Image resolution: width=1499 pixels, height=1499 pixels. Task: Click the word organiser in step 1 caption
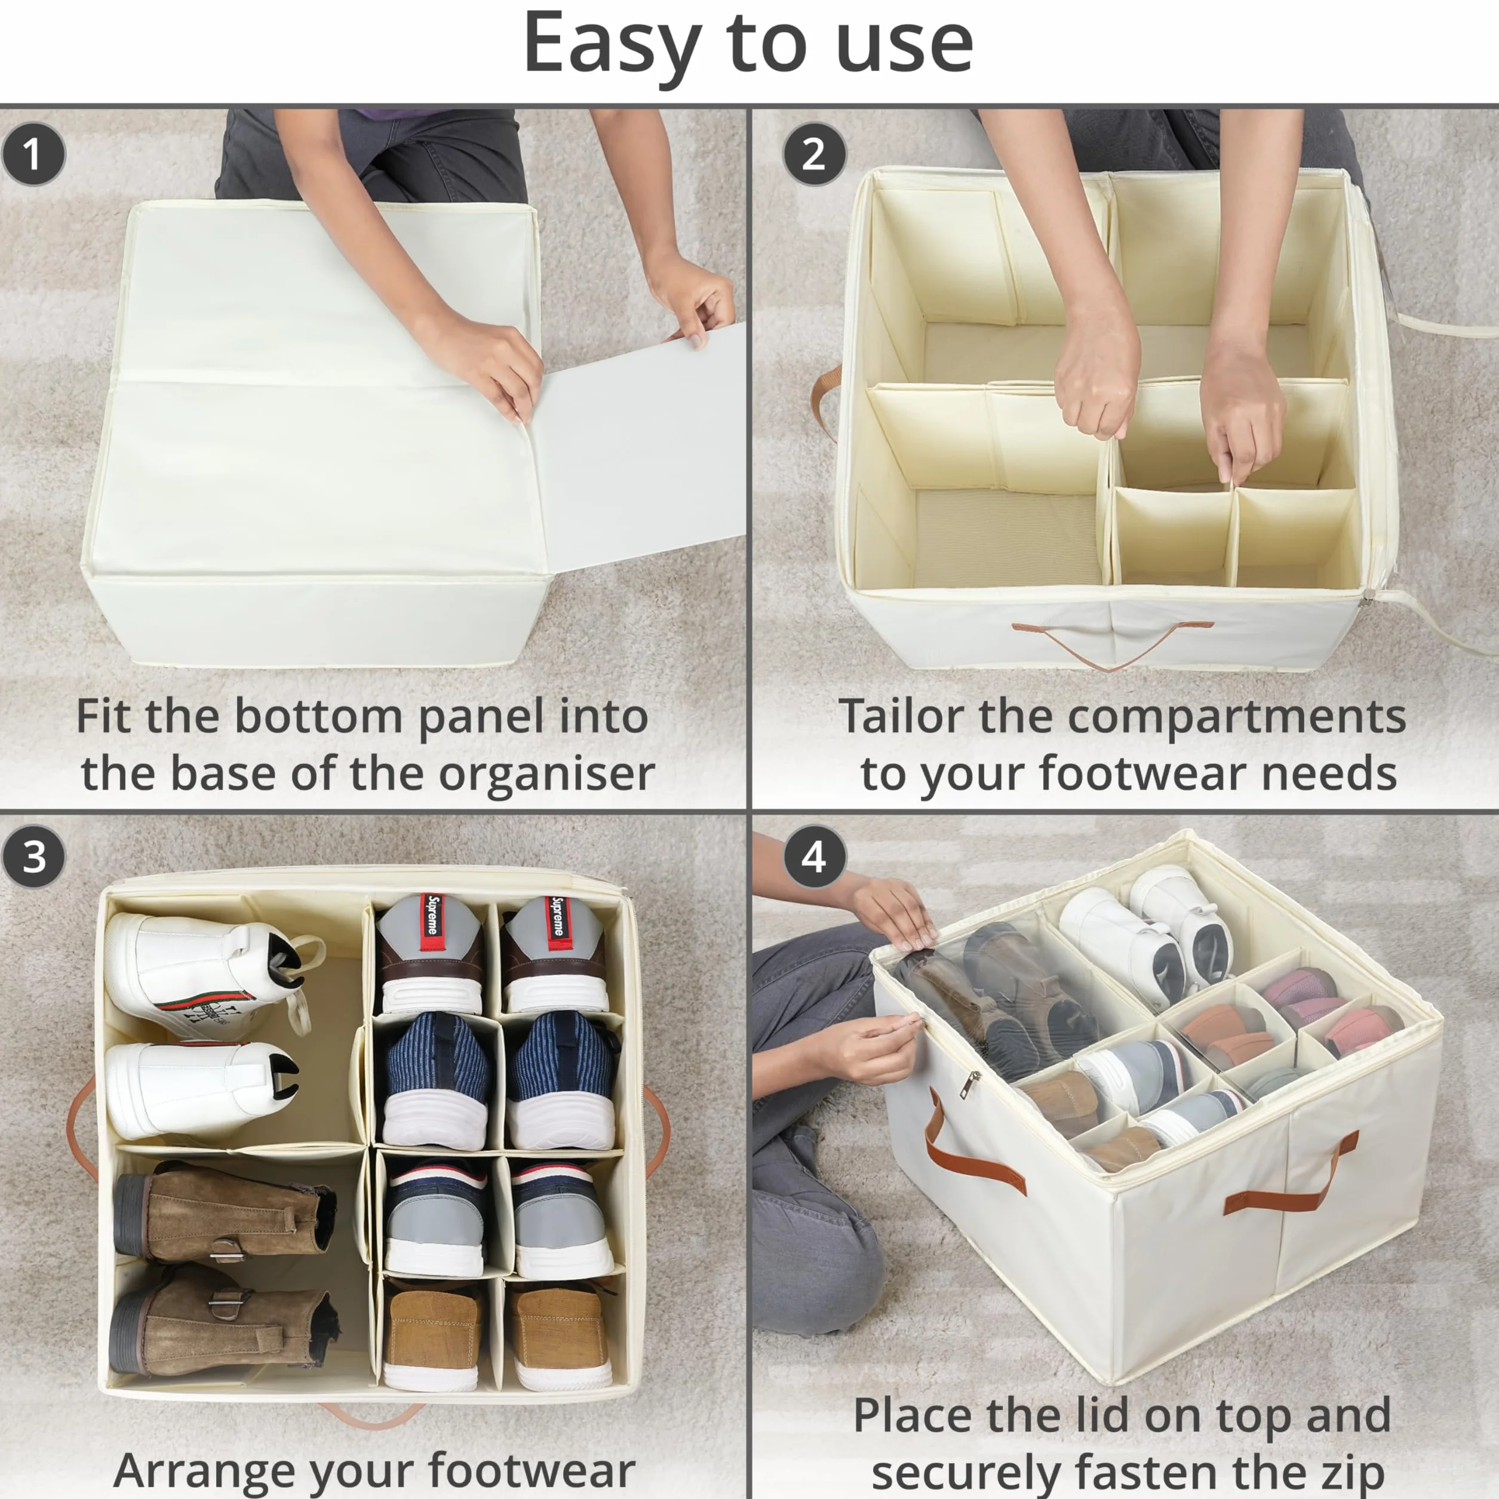(x=546, y=775)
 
